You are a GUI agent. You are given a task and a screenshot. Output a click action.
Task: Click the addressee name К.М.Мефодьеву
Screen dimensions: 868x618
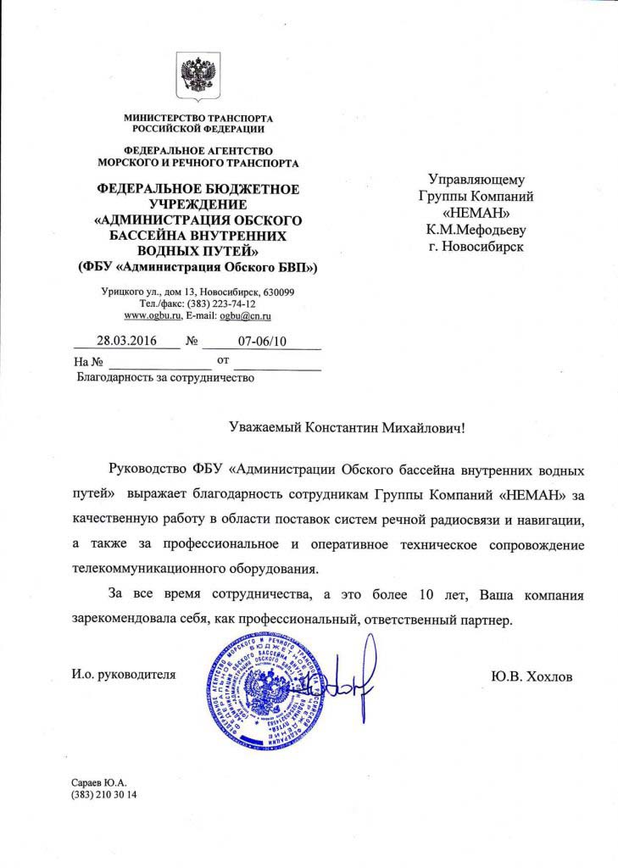tap(476, 229)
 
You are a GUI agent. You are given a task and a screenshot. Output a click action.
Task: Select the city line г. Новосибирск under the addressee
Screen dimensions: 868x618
tap(476, 246)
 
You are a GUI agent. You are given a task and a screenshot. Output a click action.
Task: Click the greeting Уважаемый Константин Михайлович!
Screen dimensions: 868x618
tap(348, 430)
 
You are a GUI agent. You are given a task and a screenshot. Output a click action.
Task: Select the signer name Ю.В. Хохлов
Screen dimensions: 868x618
tap(532, 676)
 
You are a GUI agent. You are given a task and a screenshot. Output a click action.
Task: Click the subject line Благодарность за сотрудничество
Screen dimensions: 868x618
tap(165, 378)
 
